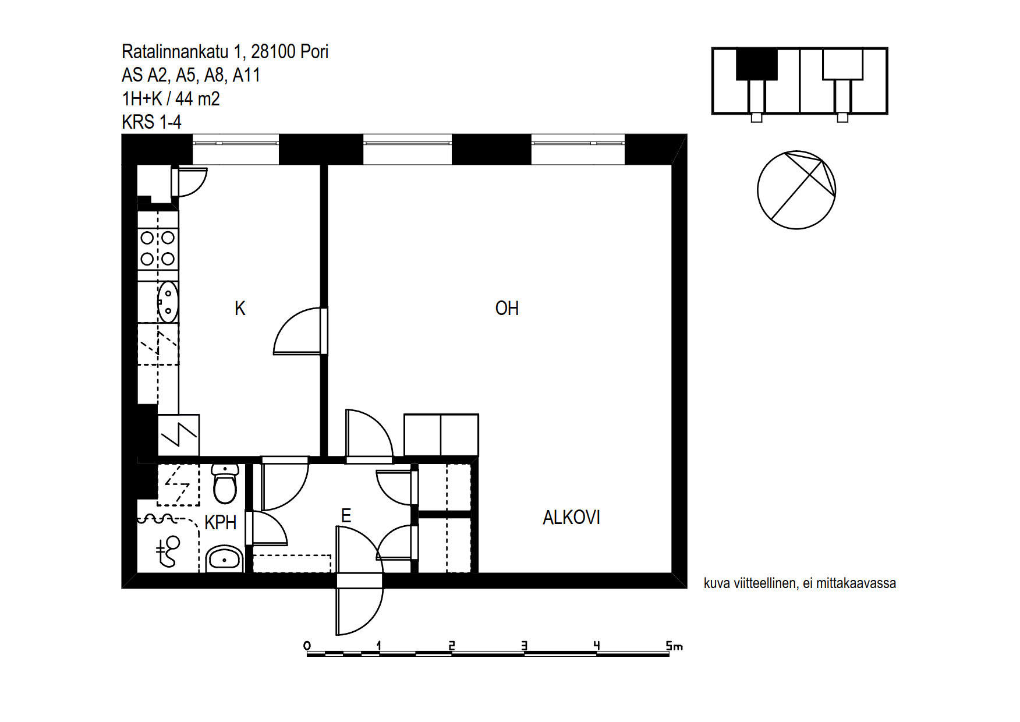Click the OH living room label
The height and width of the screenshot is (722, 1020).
507,308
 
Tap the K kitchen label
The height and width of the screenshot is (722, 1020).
240,308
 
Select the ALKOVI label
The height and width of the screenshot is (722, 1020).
571,517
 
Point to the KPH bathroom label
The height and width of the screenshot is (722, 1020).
220,522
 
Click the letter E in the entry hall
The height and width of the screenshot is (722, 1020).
346,515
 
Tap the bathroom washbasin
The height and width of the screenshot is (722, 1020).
224,559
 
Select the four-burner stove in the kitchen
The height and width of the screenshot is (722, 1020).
158,247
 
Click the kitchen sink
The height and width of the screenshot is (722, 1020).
168,302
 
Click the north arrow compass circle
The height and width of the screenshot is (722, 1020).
796,190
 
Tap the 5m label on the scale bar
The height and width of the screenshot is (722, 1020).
674,646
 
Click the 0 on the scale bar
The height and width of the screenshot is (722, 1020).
307,646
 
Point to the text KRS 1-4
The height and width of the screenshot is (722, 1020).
151,122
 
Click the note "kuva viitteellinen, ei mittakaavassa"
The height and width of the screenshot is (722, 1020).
799,583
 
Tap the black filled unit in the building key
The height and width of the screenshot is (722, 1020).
757,64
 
